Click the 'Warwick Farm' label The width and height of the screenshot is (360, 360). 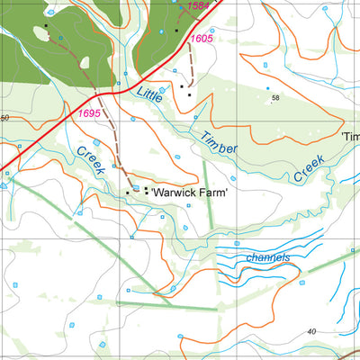190,193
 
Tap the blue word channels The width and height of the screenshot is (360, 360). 267,258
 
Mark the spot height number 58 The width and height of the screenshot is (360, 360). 275,97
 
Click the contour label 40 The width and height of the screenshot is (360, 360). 310,330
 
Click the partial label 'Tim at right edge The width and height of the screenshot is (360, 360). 350,136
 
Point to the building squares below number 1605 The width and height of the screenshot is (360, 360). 185,88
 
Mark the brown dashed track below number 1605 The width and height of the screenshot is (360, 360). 191,67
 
